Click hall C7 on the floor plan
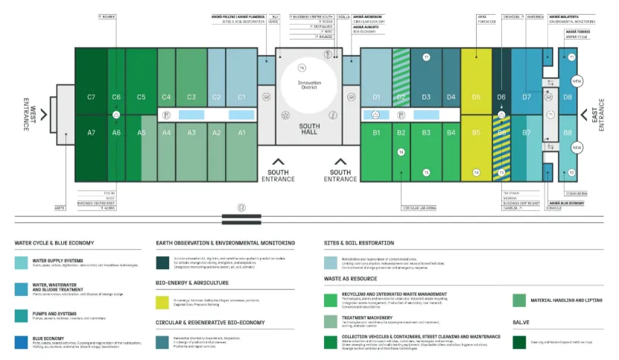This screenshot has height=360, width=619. coord(91,97)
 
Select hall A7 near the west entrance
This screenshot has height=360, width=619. coord(91,133)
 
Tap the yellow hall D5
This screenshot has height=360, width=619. coord(476,97)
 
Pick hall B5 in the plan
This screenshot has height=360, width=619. coord(476,133)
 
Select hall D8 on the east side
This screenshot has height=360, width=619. coord(568,97)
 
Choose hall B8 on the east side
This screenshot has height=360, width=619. coord(568,133)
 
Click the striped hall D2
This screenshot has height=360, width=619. coord(401,97)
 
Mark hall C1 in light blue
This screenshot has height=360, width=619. coord(241,97)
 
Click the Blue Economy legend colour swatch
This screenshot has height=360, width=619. coord(22,342)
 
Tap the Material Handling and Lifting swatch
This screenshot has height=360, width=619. coord(519,300)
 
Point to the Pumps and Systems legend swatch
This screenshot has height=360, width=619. coord(22,315)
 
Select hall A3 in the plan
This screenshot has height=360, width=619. coord(191,133)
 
